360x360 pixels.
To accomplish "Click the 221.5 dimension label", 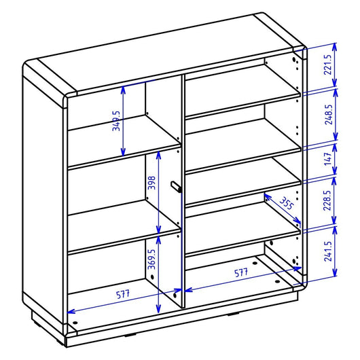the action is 327,65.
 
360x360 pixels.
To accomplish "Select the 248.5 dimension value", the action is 329,114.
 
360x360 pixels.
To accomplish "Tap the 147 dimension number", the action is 328,159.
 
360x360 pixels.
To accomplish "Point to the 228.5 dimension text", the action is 327,200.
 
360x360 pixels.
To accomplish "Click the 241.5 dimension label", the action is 328,251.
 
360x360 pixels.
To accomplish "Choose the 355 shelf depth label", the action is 287,203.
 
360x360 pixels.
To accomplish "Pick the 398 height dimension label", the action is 151,183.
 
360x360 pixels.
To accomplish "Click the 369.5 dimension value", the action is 151,259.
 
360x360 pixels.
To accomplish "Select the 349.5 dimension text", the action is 116,121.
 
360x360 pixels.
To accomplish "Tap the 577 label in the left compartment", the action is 123,294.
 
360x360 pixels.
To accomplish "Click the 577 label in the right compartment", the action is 241,273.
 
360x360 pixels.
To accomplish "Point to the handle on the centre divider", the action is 177,187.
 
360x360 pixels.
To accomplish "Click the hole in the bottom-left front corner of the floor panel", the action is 75,323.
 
